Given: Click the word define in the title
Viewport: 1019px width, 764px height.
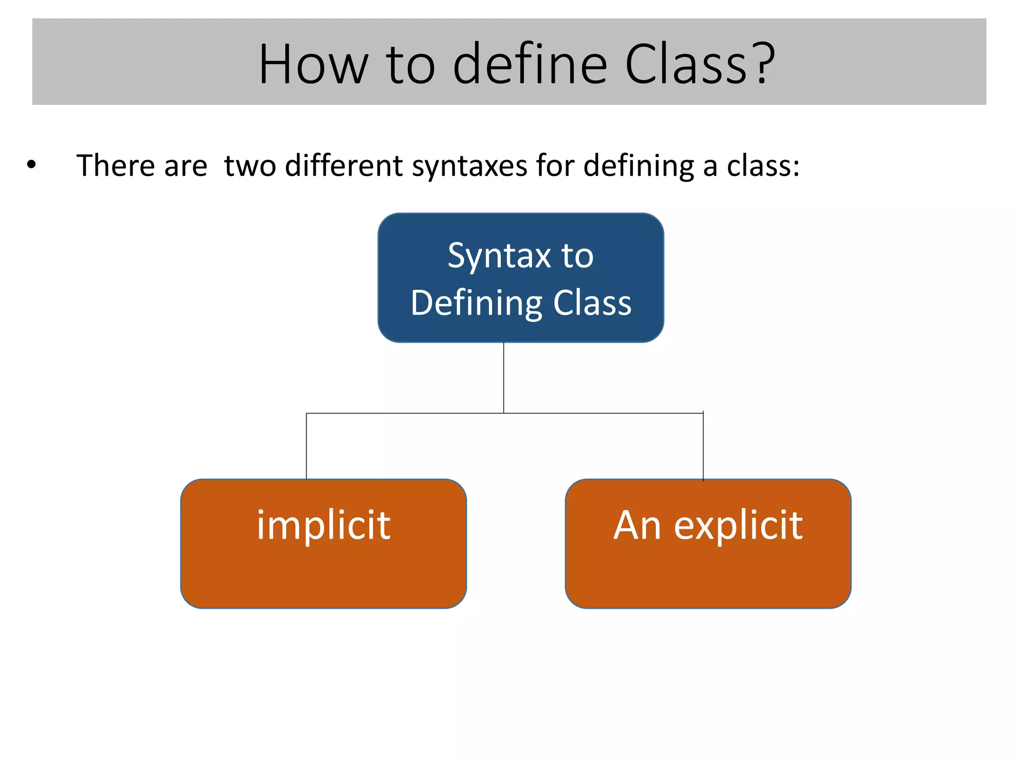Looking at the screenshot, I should pyautogui.click(x=530, y=65).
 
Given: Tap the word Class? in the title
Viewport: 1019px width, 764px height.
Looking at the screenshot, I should pyautogui.click(x=699, y=65).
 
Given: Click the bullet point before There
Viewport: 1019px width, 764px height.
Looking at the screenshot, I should pyautogui.click(x=32, y=166).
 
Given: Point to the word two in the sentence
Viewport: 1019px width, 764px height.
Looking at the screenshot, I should pyautogui.click(x=250, y=166).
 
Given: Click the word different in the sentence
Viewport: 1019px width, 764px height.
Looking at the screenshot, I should pyautogui.click(x=344, y=166).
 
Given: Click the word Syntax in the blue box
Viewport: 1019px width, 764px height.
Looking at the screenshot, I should pyautogui.click(x=499, y=257).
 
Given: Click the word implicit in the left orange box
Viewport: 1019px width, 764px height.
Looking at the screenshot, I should pyautogui.click(x=323, y=526).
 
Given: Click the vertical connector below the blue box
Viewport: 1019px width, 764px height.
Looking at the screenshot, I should pyautogui.click(x=504, y=378).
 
